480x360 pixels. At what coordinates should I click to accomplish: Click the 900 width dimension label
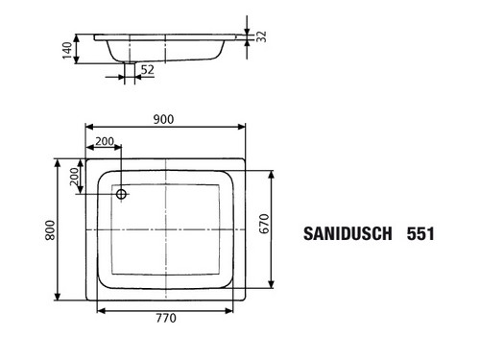[163, 119]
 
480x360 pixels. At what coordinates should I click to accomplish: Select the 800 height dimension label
[50, 230]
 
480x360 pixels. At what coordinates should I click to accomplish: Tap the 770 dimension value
[166, 318]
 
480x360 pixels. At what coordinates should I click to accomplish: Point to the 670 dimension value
[264, 224]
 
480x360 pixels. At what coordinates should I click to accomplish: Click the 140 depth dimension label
[67, 50]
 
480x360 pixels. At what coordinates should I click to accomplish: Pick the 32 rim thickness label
[261, 36]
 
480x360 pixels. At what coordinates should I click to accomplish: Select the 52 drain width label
[148, 69]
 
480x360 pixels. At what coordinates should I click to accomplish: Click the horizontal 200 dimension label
[105, 141]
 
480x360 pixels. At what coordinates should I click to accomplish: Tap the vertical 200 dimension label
[74, 177]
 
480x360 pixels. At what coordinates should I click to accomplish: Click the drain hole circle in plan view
[121, 194]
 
